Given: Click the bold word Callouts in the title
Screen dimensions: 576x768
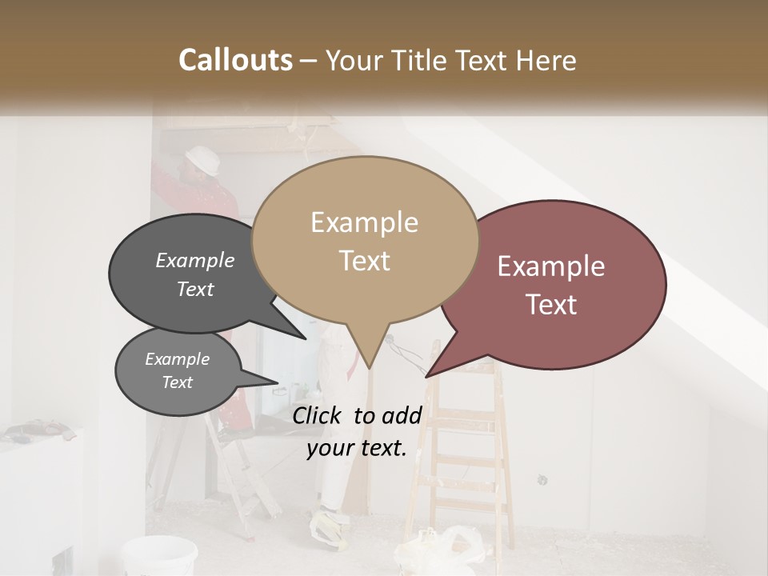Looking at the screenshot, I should click(235, 60).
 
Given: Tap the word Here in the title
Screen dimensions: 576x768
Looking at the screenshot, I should click(546, 60).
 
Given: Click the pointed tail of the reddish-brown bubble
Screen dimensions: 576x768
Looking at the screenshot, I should click(429, 374).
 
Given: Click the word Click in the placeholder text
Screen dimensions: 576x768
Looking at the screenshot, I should click(319, 415).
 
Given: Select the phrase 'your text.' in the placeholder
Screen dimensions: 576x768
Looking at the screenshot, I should click(357, 447).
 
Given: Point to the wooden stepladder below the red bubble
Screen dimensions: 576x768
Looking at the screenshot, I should click(469, 448).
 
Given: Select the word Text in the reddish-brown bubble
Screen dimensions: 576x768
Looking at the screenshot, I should click(552, 304).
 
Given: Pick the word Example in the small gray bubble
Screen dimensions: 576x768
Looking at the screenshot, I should click(177, 359).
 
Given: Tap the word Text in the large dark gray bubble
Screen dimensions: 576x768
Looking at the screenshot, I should click(195, 289).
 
